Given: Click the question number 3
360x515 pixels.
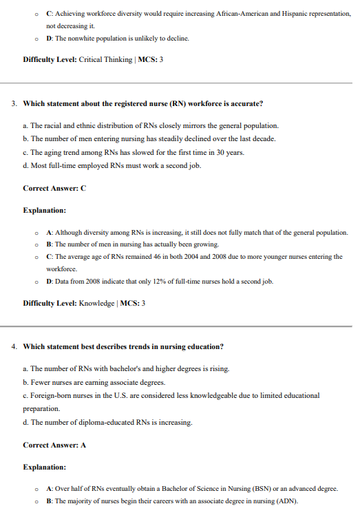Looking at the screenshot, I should [14, 104].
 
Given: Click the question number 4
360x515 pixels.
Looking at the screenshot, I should [14, 346].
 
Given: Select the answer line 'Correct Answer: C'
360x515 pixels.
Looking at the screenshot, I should [54, 187].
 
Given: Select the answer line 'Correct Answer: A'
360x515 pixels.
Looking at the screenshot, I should [54, 445].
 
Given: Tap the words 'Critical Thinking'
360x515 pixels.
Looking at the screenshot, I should [107, 60].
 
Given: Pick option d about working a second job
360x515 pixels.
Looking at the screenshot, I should [112, 165].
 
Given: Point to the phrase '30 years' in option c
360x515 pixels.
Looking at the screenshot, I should [229, 152].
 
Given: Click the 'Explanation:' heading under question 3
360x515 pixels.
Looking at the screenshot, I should [44, 210].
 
